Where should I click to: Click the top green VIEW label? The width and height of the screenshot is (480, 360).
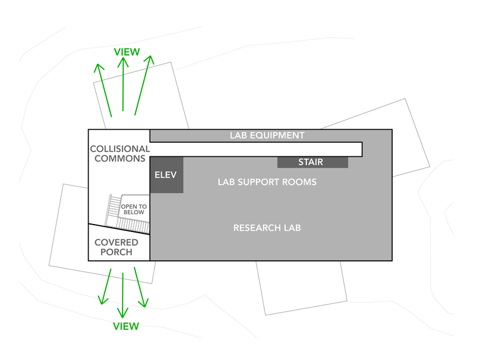(x=127, y=52)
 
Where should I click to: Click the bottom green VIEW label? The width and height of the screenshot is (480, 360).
(x=126, y=326)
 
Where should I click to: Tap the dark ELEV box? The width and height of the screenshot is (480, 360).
(x=166, y=175)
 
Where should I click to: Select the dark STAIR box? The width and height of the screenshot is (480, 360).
(x=312, y=162)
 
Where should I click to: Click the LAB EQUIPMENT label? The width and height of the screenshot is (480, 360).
(x=267, y=135)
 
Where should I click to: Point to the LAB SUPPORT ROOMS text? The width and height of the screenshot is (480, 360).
(x=267, y=182)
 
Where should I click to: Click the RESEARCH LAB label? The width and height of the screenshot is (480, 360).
(x=267, y=228)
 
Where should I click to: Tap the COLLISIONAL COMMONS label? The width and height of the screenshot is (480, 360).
(x=120, y=154)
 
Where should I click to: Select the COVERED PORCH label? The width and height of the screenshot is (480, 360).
(x=117, y=247)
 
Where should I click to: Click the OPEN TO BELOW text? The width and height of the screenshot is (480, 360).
(x=133, y=209)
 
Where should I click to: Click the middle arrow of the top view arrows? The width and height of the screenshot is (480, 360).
(x=123, y=86)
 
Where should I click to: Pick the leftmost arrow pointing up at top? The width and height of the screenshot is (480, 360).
(x=103, y=89)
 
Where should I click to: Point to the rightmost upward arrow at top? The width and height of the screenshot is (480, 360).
(x=143, y=86)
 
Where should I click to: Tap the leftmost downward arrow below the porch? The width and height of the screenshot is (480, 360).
(x=105, y=286)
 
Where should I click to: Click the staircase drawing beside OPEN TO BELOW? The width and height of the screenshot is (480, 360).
(x=113, y=209)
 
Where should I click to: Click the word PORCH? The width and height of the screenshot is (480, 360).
(x=117, y=252)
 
